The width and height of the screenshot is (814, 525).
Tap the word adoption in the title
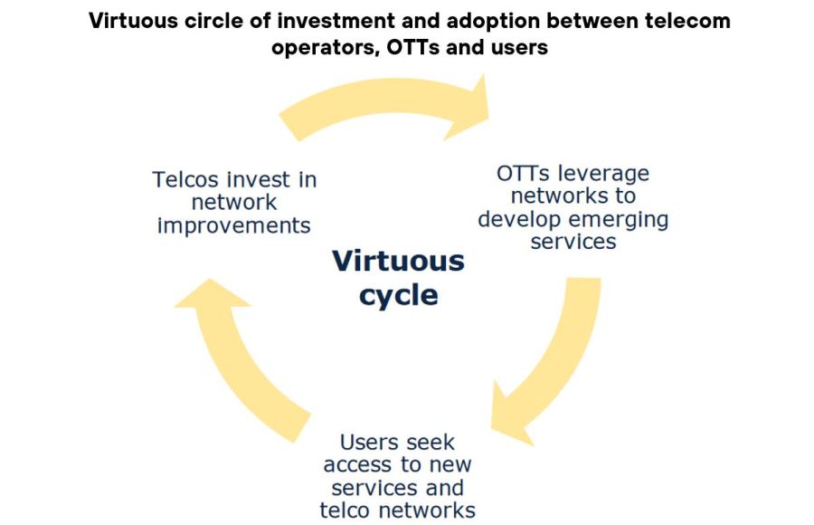click(488, 21)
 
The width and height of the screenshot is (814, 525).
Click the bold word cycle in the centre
click(398, 295)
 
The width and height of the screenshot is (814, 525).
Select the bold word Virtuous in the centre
click(398, 262)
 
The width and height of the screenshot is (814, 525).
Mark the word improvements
click(234, 224)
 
